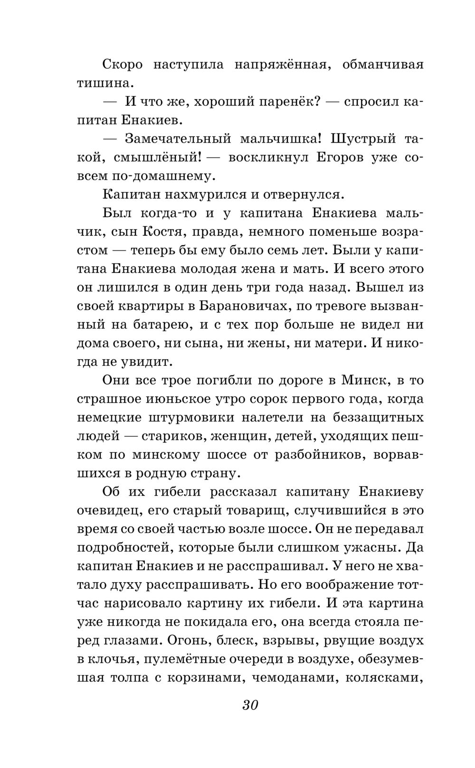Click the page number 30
coord(250,705)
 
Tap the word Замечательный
coord(178,139)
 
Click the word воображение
coord(351,585)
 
